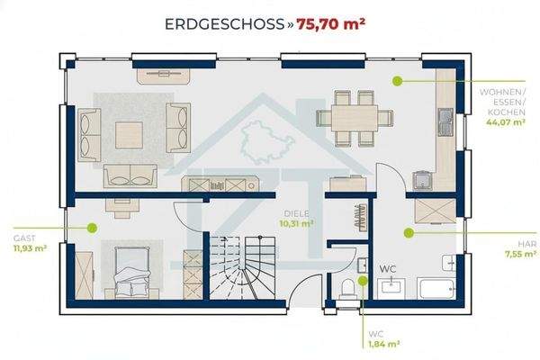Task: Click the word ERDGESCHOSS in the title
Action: (224, 24)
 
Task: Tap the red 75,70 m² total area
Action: (330, 23)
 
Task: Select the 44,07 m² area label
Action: (506, 121)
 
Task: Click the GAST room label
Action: (24, 238)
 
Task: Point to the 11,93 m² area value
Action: (30, 248)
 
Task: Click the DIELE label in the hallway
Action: (296, 213)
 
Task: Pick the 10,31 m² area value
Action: (296, 223)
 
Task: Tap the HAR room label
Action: (527, 244)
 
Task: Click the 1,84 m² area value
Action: (384, 344)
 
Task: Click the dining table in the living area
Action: (355, 118)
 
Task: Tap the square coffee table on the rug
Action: (129, 135)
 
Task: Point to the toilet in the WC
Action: (348, 289)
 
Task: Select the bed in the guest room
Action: (132, 272)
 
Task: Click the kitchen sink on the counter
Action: (445, 122)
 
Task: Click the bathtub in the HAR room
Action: (436, 288)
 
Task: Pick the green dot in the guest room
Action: (92, 228)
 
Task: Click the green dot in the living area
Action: (398, 81)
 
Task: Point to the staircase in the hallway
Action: (242, 267)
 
